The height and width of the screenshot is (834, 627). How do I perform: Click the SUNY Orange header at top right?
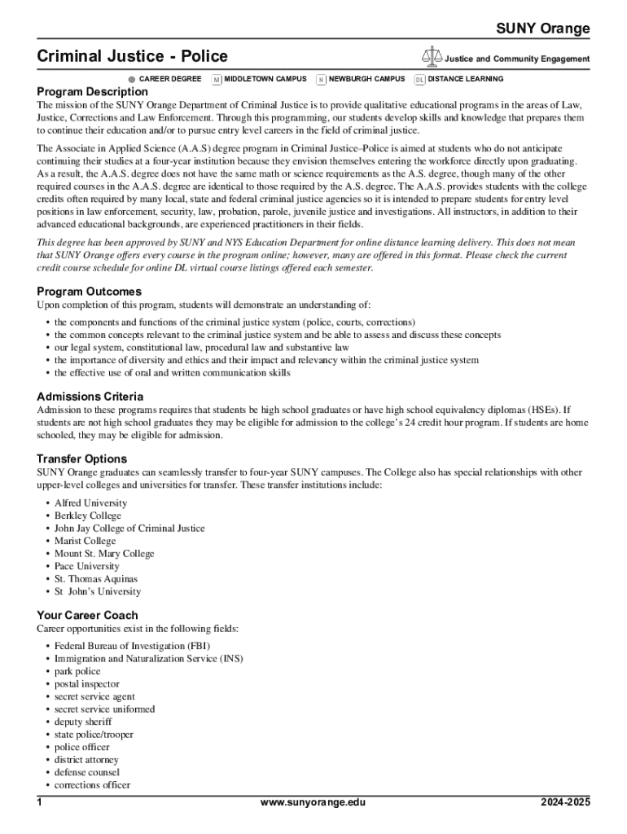pyautogui.click(x=543, y=29)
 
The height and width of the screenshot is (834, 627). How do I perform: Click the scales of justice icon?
pyautogui.click(x=432, y=56)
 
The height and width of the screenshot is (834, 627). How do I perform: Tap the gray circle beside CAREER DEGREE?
pyautogui.click(x=132, y=80)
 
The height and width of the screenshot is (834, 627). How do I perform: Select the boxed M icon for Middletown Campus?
pyautogui.click(x=217, y=80)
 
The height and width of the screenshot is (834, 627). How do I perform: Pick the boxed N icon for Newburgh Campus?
pyautogui.click(x=321, y=80)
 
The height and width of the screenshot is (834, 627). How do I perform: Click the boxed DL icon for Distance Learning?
pyautogui.click(x=419, y=80)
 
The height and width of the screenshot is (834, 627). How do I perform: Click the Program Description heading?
pyautogui.click(x=92, y=92)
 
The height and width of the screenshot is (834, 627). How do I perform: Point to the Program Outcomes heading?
pyautogui.click(x=89, y=292)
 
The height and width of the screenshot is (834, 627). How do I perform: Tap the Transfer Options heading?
pyautogui.click(x=81, y=459)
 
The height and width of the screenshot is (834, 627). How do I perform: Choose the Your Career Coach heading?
pyautogui.click(x=87, y=615)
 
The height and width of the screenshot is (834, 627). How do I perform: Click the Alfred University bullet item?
pyautogui.click(x=90, y=503)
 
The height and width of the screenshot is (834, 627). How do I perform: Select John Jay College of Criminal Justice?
pyautogui.click(x=129, y=529)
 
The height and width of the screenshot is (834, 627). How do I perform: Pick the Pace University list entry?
pyautogui.click(x=86, y=566)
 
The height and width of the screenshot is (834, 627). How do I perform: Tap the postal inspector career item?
pyautogui.click(x=86, y=684)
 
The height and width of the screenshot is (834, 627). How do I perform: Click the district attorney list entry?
pyautogui.click(x=86, y=760)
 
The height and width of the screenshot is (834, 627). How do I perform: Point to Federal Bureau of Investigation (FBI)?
pyautogui.click(x=132, y=646)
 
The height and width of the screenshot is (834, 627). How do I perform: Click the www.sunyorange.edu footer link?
pyautogui.click(x=313, y=803)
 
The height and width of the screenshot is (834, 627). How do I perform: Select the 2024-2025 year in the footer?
pyautogui.click(x=565, y=803)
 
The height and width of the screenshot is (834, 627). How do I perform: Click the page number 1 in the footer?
pyautogui.click(x=40, y=803)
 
